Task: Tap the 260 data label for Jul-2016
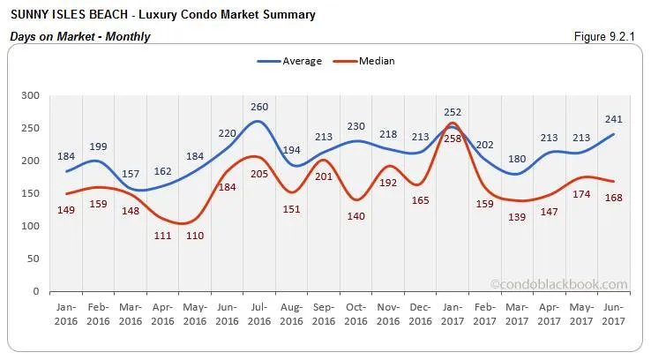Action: pos(259,108)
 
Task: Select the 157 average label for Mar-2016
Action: pos(131,173)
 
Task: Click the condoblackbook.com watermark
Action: pos(559,284)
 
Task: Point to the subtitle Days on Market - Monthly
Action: pos(79,36)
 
